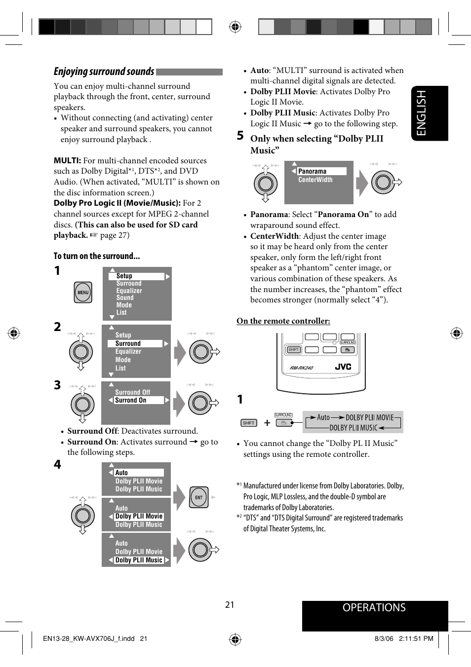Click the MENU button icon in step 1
pos(83,293)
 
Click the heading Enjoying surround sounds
pos(104,72)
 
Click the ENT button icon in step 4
pos(199,497)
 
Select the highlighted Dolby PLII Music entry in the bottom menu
pos(139,560)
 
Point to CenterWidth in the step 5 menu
pos(315,180)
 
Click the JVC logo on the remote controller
pos(343,367)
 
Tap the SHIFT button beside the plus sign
pos(248,423)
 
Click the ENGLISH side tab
pos(430,113)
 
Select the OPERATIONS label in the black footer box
pos(374,608)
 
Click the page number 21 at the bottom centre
pos(230,605)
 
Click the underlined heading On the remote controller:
pos(283,321)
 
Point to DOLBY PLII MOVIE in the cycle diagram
pos(369,417)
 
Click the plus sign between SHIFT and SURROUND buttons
pos(267,423)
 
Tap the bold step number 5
pos(240,136)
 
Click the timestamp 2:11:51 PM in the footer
pos(416,638)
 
